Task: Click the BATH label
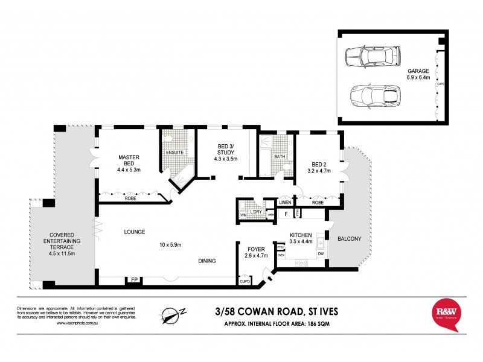279,157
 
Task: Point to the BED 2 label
319,164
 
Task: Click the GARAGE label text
418,71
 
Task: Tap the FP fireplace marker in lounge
133,279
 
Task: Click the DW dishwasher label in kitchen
320,253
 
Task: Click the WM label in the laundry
243,215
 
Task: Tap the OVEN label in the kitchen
281,255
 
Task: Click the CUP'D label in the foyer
245,281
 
